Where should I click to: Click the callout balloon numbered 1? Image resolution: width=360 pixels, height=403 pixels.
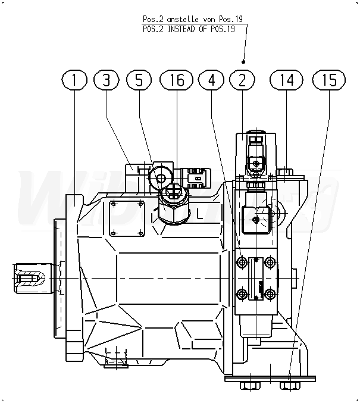tap(74, 80)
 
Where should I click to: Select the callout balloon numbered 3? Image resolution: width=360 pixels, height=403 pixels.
tap(107, 80)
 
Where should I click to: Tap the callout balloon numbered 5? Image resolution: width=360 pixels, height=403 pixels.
tap(139, 80)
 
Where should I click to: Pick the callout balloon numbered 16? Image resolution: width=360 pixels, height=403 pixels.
tap(176, 80)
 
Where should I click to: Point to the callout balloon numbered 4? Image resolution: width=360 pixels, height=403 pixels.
tap(211, 80)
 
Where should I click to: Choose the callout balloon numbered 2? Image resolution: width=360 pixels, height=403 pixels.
tap(242, 80)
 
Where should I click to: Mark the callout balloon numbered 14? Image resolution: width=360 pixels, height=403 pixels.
tap(286, 80)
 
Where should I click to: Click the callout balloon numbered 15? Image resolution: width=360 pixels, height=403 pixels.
tap(329, 80)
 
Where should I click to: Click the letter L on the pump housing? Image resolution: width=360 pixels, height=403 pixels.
tap(200, 214)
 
